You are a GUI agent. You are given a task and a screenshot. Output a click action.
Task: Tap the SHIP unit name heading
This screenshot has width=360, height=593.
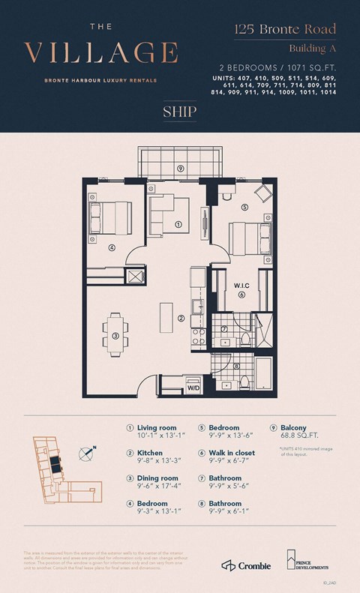point(179,112)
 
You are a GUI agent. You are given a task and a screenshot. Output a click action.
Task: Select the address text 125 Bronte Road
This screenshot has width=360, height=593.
point(283,30)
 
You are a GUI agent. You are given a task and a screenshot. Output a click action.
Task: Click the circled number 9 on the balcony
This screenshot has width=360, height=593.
point(181,169)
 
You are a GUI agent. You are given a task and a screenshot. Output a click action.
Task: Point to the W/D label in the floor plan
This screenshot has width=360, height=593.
point(193,388)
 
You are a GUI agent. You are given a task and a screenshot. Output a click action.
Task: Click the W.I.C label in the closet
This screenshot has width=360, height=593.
point(241,284)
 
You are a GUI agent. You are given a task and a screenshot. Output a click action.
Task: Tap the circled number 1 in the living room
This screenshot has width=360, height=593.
point(178,223)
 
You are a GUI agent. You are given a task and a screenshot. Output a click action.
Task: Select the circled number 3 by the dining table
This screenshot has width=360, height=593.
point(115,336)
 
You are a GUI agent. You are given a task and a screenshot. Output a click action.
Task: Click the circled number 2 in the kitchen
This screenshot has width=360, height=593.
point(181,318)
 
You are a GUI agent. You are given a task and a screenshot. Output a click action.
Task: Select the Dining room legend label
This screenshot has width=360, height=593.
point(157,478)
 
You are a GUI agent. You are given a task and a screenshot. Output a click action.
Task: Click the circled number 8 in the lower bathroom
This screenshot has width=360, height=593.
point(237,367)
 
